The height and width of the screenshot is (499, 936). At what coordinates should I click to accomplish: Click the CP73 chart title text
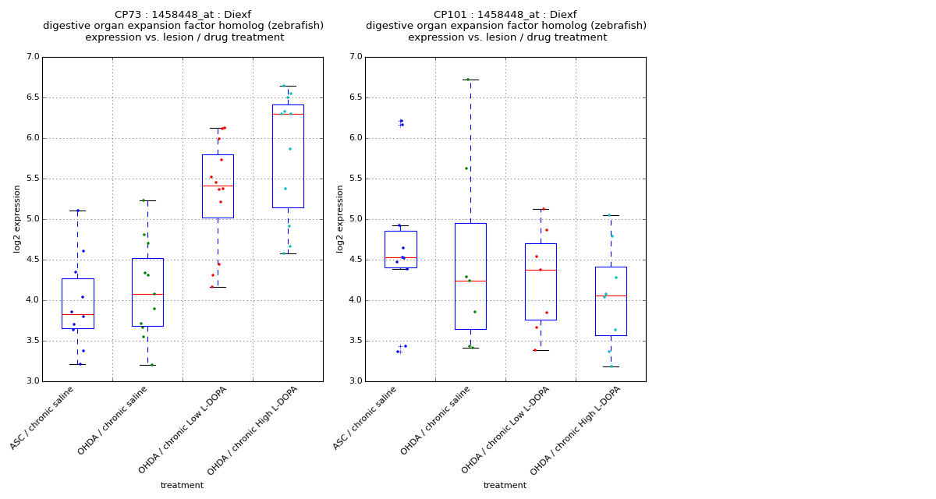[183, 26]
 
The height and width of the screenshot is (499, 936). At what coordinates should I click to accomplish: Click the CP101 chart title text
[505, 26]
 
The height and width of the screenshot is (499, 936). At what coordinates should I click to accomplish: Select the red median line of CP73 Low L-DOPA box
[218, 186]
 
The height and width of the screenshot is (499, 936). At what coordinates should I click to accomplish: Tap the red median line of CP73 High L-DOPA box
[288, 114]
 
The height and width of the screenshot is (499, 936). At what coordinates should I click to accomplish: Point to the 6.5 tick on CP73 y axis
[33, 97]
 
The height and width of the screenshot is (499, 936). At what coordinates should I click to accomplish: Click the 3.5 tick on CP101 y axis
[356, 341]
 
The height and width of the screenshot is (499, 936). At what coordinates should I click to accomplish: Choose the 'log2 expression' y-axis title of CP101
[340, 218]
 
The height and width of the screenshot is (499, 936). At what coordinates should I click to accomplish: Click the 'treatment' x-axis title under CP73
[182, 485]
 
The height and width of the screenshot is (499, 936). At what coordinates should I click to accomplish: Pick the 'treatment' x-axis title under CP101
[505, 485]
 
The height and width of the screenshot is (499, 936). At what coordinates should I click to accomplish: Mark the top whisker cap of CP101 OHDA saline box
[470, 80]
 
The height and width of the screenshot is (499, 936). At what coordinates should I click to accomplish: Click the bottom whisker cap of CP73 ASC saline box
[77, 364]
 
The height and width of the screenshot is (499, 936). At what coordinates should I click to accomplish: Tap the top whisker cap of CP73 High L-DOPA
[288, 86]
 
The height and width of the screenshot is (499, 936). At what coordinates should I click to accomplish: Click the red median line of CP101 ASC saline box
[400, 257]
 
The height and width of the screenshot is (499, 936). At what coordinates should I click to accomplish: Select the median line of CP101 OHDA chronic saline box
[470, 281]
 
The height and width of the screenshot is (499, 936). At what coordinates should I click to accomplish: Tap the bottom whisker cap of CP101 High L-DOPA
[611, 366]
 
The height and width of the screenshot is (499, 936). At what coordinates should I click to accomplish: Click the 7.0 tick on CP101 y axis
[356, 57]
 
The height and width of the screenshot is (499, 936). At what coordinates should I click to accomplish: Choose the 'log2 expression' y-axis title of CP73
[17, 218]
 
